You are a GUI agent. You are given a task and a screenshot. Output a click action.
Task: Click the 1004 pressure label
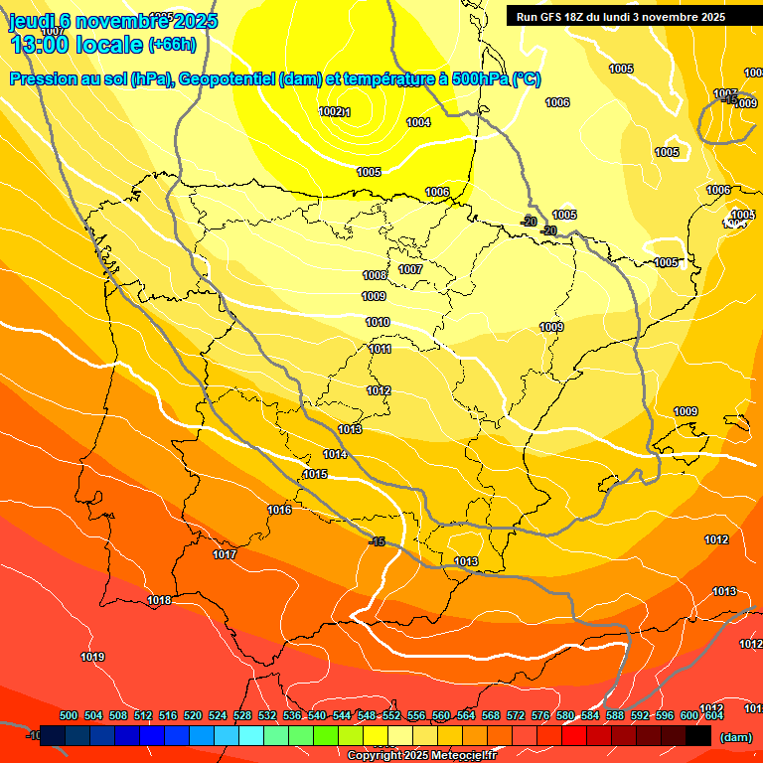pyautogui.click(x=418, y=122)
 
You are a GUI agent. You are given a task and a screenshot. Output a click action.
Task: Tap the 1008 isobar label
pyautogui.click(x=375, y=275)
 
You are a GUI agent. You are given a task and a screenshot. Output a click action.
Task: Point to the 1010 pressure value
pyautogui.click(x=378, y=322)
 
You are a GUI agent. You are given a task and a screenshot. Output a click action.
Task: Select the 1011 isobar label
pyautogui.click(x=380, y=349)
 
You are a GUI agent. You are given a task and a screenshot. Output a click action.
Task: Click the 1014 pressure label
pyautogui.click(x=335, y=454)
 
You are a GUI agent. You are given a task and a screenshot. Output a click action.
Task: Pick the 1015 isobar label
pyautogui.click(x=315, y=474)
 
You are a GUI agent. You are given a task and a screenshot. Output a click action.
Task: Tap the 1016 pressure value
pyautogui.click(x=279, y=510)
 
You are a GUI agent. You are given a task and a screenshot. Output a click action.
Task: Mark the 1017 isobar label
pyautogui.click(x=225, y=554)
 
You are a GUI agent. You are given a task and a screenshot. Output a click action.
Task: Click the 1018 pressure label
pyautogui.click(x=159, y=600)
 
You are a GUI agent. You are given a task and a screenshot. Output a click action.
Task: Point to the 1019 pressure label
pyautogui.click(x=92, y=656)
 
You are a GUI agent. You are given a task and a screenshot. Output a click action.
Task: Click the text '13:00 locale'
pyautogui.click(x=76, y=44)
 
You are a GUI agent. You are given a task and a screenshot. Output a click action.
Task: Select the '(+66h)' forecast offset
pyautogui.click(x=172, y=45)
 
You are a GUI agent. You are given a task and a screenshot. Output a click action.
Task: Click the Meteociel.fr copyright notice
pyautogui.click(x=422, y=756)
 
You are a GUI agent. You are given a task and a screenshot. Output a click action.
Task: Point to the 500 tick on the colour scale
pyautogui.click(x=69, y=715)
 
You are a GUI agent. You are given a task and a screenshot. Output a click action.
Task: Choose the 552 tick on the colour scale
pyautogui.click(x=391, y=715)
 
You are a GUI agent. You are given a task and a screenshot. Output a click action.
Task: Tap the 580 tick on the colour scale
pyautogui.click(x=565, y=715)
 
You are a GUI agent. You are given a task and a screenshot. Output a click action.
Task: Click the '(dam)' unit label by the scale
pyautogui.click(x=735, y=737)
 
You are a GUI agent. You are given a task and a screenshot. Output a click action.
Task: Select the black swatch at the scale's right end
pyautogui.click(x=698, y=736)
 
